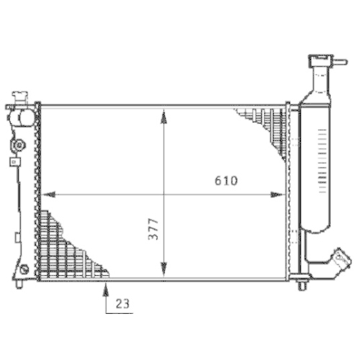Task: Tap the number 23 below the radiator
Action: [122, 305]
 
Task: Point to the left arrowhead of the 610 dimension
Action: [50, 194]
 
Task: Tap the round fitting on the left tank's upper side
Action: [17, 146]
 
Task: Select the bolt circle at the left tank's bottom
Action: [24, 269]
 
